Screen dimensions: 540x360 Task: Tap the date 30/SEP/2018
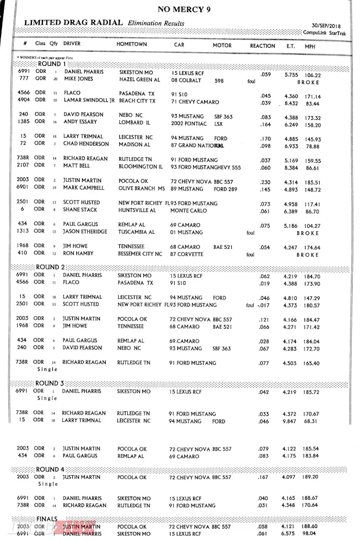click(325, 26)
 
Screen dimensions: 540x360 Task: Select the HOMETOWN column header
click(131, 45)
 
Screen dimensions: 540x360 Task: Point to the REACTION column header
click(262, 46)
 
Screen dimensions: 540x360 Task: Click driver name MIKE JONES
click(78, 79)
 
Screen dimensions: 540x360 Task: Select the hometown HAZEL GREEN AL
click(140, 80)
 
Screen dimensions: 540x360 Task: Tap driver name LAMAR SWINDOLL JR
click(89, 100)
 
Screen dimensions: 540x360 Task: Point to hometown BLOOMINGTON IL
click(141, 167)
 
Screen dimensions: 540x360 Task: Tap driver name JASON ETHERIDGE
click(87, 232)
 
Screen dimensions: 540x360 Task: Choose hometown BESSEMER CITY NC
click(140, 254)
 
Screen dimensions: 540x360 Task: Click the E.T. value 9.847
click(291, 421)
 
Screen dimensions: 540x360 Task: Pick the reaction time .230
click(265, 181)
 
